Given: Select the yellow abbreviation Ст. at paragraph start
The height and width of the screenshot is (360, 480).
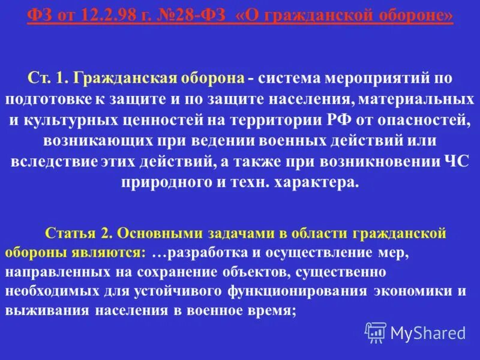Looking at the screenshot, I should click(40, 79).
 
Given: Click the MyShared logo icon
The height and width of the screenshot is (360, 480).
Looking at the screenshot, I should click(376, 332).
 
